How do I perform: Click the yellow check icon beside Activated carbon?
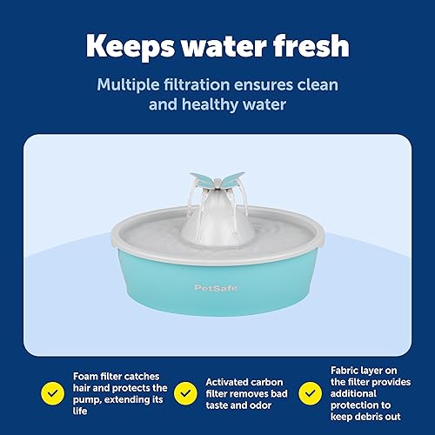pyautogui.click(x=184, y=366)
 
